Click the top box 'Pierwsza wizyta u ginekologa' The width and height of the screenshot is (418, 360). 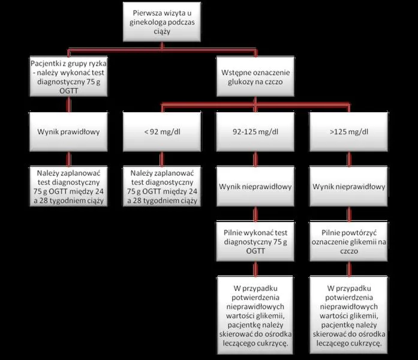coord(162,22)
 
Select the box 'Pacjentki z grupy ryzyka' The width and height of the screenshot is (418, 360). coord(69,77)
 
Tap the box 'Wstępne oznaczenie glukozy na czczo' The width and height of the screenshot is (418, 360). coord(255,77)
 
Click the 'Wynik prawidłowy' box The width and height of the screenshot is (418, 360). coord(68,132)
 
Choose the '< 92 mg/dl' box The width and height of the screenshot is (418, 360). coord(162,132)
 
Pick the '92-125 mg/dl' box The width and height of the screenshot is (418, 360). coord(255,132)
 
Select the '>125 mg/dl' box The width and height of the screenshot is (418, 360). coord(348,132)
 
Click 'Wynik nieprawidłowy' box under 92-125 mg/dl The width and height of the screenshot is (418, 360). coord(255,187)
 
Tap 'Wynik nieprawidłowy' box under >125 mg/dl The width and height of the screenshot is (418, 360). coord(348,187)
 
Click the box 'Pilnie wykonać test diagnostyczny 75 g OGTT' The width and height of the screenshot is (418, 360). coord(255,241)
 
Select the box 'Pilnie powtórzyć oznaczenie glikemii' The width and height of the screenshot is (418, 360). coord(348,241)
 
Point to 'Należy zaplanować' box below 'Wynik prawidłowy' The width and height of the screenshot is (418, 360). coord(68,187)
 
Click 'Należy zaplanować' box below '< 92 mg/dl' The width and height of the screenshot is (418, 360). coord(162,187)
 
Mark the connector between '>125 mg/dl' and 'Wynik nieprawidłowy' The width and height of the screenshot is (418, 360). coord(349,159)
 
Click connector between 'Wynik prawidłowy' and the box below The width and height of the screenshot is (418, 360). coord(69,159)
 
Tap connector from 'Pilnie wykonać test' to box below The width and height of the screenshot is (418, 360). coord(255,269)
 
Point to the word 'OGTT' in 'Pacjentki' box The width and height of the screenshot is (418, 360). coord(69,91)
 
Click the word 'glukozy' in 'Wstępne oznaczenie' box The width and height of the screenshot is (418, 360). coord(240,82)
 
